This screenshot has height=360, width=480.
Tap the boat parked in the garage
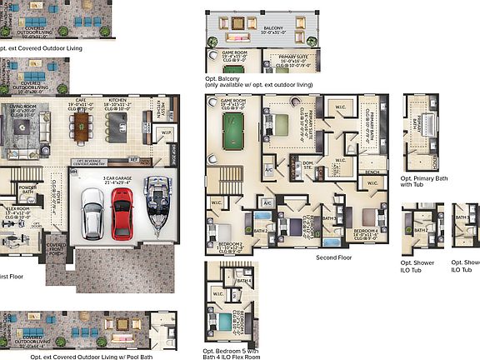157,205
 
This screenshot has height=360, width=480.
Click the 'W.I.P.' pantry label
167,132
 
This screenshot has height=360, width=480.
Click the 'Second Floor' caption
333,257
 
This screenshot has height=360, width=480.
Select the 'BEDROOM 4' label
366,231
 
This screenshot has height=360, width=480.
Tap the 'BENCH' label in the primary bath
372,172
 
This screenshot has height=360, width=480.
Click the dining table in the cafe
81,126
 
